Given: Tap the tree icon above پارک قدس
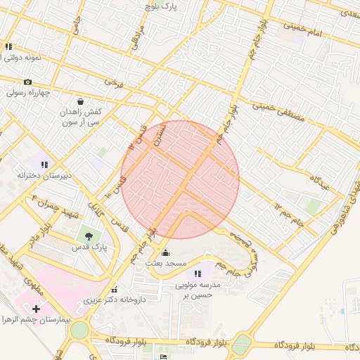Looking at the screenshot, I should [88, 236].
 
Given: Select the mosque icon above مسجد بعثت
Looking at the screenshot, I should [166, 252].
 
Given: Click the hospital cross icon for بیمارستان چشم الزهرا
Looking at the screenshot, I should [36, 308].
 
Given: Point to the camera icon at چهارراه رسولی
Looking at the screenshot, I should [27, 82].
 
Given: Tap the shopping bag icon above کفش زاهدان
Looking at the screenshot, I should [81, 101].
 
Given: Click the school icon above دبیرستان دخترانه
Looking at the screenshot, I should [44, 164].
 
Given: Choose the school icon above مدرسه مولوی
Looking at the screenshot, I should [198, 274].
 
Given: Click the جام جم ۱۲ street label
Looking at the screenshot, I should [288, 209].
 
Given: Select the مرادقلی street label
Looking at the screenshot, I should [138, 39].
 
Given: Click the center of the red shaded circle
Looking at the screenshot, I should [180, 179].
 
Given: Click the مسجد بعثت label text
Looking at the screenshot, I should [166, 263].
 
